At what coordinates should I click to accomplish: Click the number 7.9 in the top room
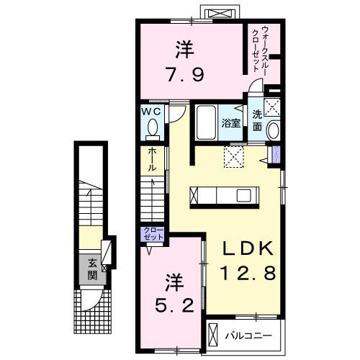[185, 73]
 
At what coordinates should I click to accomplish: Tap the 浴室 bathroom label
[230, 122]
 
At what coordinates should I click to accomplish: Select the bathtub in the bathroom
[206, 122]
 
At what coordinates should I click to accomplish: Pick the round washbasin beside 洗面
[272, 131]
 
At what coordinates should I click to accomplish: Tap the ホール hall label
[153, 160]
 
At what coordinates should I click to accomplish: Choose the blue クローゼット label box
[153, 234]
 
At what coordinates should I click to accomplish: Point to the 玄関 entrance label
[92, 268]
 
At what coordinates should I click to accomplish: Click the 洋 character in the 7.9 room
[184, 49]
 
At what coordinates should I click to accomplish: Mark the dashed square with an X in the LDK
[235, 157]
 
